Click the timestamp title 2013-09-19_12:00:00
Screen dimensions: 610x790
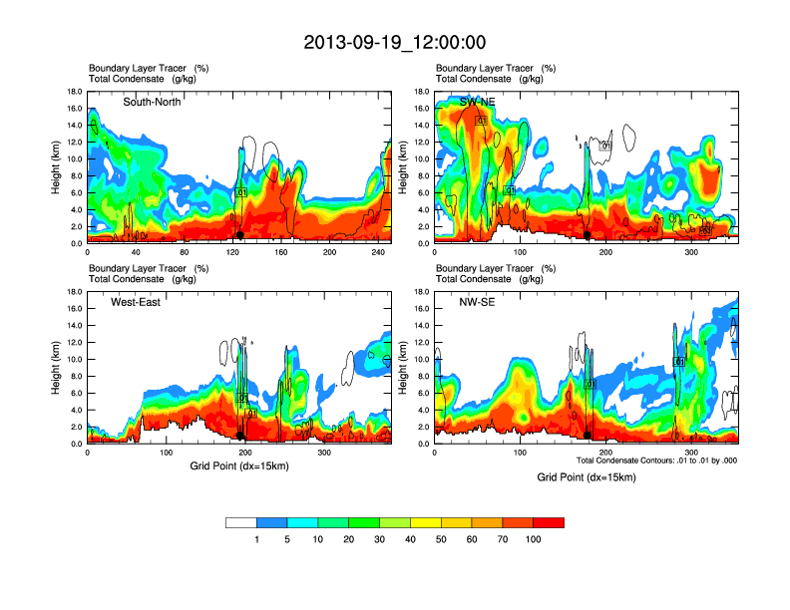tap(394, 43)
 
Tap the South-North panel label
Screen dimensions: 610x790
tap(152, 102)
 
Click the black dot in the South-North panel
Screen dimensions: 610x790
tap(239, 235)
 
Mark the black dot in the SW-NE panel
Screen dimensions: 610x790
tap(588, 235)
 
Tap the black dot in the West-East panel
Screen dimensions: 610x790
tap(239, 436)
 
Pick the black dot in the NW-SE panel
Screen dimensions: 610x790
tap(589, 436)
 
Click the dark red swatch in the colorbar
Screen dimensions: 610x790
tap(549, 522)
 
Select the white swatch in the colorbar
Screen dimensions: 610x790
tap(241, 522)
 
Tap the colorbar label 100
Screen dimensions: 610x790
tap(533, 539)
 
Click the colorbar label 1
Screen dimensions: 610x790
tap(256, 539)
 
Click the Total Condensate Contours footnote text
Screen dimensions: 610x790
tap(654, 460)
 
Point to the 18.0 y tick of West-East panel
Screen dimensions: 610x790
tap(73, 292)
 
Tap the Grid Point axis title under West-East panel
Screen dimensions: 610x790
tap(237, 465)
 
